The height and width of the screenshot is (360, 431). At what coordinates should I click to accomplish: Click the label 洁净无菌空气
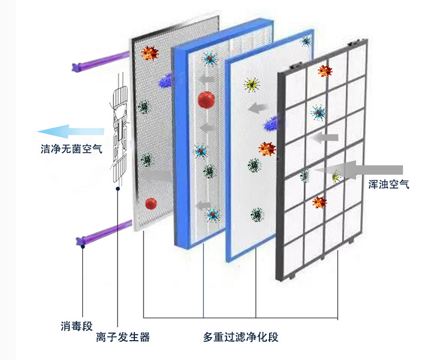click(71, 149)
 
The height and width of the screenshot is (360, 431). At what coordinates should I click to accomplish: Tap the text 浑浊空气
click(389, 184)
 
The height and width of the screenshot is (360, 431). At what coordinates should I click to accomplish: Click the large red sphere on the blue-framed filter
click(206, 99)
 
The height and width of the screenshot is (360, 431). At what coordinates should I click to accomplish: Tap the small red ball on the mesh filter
click(151, 203)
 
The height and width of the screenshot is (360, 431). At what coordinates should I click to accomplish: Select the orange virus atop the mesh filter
click(150, 53)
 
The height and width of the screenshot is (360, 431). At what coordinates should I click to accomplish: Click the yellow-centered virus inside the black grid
click(335, 177)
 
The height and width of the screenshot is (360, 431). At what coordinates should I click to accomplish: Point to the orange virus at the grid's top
click(323, 71)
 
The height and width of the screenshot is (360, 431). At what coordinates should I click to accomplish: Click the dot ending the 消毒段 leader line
click(82, 246)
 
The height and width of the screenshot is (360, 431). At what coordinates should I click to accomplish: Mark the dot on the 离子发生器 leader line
click(118, 188)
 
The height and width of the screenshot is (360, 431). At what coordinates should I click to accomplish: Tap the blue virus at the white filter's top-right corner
click(306, 40)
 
